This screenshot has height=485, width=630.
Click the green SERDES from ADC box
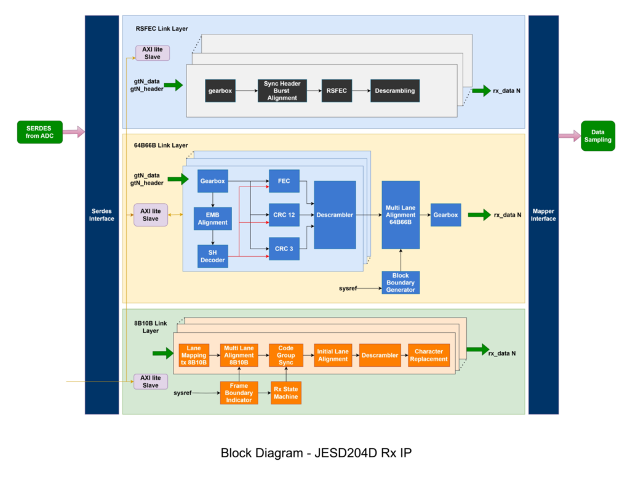coord(39,132)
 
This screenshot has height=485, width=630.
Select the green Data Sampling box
coord(597,136)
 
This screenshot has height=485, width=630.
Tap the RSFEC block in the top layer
coord(337,90)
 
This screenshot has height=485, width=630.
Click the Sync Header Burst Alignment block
coord(282,90)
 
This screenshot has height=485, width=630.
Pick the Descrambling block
coord(395,90)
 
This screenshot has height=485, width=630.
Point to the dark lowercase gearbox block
coord(220,90)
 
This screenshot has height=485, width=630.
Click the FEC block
coord(284,181)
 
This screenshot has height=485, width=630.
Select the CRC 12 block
coord(284,215)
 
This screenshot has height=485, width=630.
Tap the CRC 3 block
coord(284,249)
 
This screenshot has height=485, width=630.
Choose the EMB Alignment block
coord(213,218)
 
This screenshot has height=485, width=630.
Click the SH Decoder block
coord(213,256)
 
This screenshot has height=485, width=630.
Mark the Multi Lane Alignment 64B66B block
coord(401,215)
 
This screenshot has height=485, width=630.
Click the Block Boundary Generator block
coord(401,283)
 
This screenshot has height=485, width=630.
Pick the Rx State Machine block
coord(286,393)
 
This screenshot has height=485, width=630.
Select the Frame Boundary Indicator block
coord(239,393)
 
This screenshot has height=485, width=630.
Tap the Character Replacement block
coord(429,355)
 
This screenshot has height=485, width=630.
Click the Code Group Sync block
coord(286,355)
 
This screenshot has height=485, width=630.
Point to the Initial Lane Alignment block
coord(333,355)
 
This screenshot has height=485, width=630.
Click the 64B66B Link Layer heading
coord(161,145)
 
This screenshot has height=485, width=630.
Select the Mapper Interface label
coord(543,215)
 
